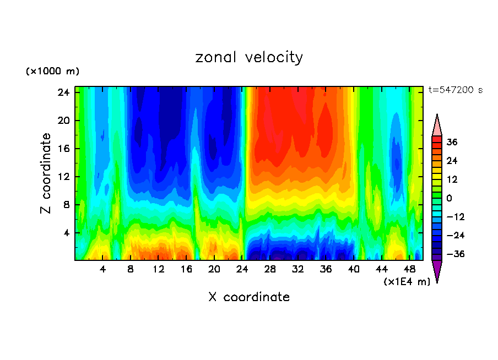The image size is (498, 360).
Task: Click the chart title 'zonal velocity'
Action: coord(249,57)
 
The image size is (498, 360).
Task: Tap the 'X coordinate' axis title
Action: coord(249,297)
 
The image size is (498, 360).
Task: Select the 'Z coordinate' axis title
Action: coord(46,173)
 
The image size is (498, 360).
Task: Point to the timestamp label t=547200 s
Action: coord(455,90)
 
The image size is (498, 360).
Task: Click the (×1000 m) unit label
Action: coord(52,72)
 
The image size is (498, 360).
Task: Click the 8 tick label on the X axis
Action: coord(131,270)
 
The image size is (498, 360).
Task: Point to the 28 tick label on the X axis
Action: coord(270,270)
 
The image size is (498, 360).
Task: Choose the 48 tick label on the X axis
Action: coord(409,270)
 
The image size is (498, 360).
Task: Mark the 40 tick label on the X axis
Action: coord(354,270)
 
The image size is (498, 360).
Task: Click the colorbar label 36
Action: coord(452,142)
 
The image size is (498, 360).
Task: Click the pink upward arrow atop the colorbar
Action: coord(437,125)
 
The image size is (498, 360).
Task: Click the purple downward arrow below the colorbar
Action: coord(437,271)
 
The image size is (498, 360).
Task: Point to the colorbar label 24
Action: coord(452,161)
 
